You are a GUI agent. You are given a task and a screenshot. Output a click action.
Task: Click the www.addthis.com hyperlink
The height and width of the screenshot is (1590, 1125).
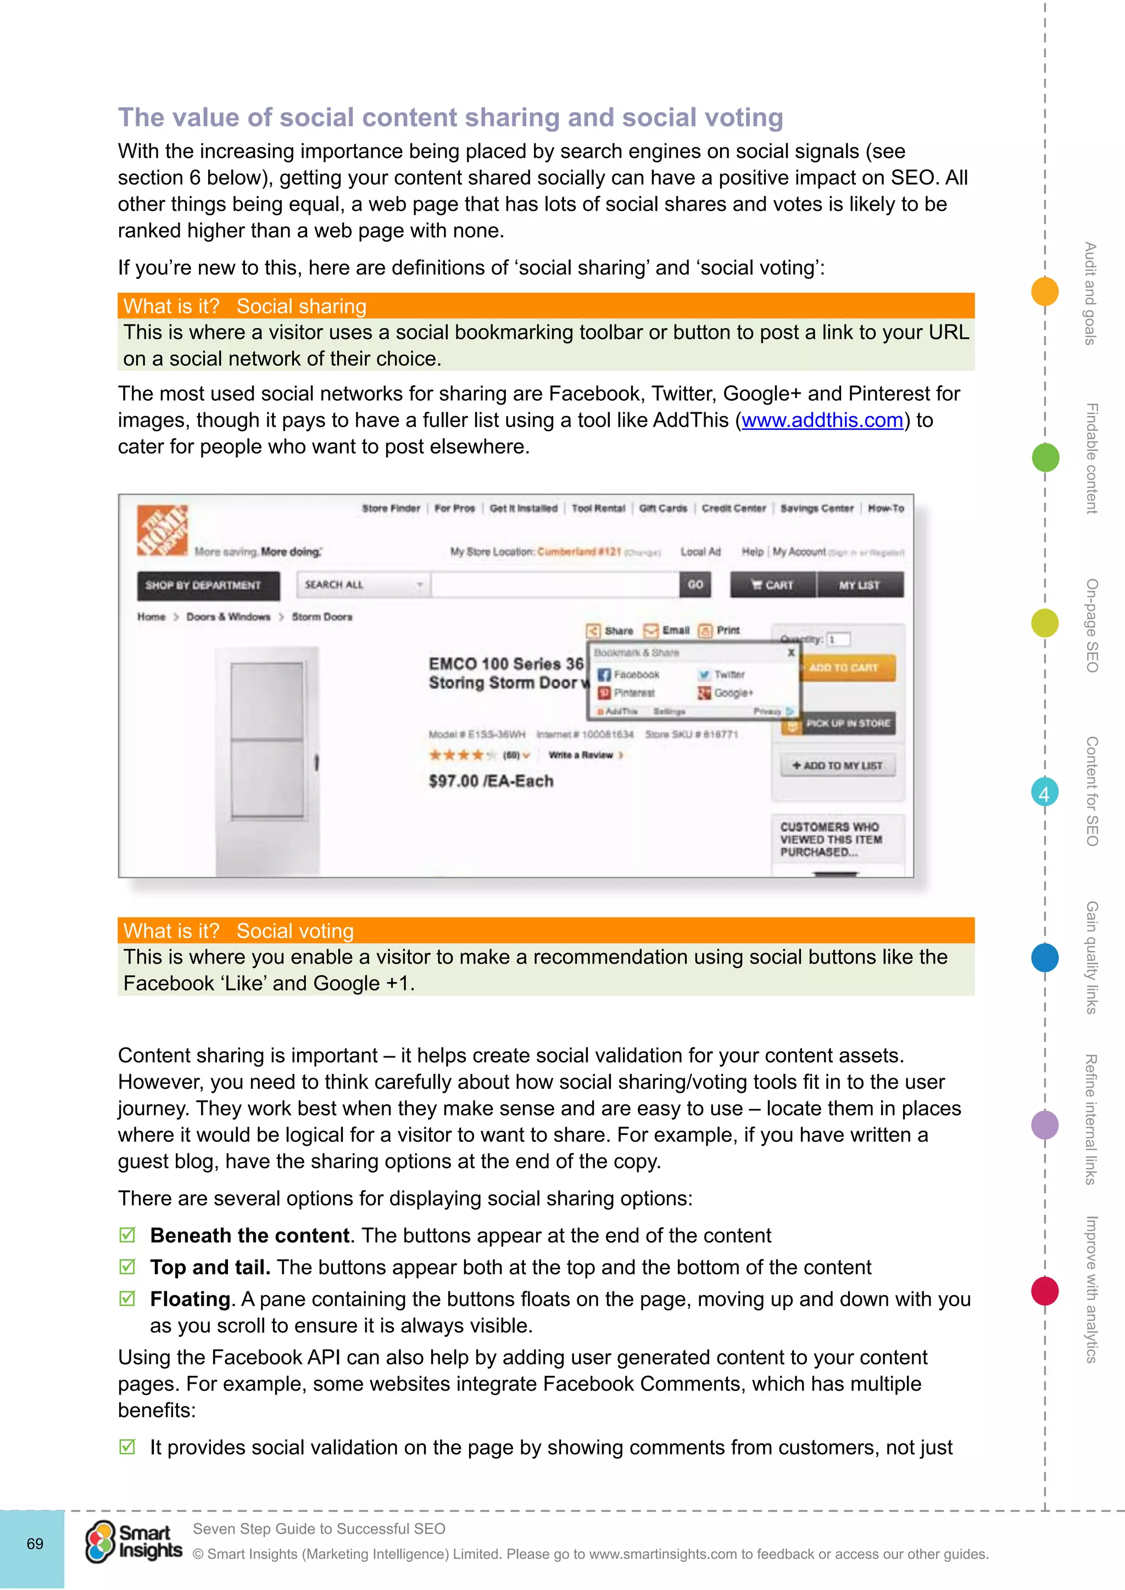coord(822,421)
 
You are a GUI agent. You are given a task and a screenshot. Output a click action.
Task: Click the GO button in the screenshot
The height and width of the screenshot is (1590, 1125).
coord(695,585)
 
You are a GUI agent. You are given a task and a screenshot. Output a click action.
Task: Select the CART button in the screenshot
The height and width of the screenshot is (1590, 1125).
coord(772,585)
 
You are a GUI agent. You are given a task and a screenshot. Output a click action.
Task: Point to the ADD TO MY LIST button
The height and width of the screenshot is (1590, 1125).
coord(838,765)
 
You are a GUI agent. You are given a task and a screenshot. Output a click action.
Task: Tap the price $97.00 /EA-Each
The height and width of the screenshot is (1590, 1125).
coord(491,781)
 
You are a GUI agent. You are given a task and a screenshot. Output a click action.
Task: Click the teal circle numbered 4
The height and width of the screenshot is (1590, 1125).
coord(1044,793)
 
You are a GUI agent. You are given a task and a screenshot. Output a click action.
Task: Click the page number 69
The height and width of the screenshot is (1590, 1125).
coord(35,1543)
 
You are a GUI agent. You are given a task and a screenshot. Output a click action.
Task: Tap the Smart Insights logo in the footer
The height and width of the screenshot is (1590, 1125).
coord(133,1542)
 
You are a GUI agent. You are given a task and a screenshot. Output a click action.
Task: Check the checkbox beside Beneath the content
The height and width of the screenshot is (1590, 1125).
coord(127,1235)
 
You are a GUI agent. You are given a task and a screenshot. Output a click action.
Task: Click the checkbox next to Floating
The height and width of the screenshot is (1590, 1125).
coord(127,1298)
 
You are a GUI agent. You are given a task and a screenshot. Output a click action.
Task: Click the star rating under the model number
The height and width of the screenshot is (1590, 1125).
coord(462,755)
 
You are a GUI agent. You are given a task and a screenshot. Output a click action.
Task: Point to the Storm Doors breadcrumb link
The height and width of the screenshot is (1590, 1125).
coord(321,617)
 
